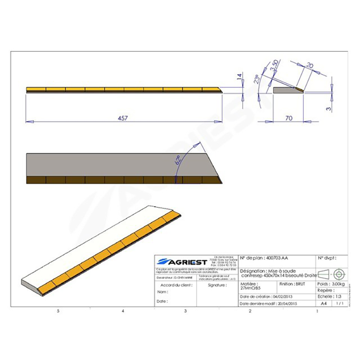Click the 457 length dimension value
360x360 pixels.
123,118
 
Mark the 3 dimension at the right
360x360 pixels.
329,108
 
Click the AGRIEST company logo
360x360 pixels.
182,261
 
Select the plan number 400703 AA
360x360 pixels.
276,258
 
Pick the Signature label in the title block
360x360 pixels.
217,285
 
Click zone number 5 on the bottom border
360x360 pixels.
58,311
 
